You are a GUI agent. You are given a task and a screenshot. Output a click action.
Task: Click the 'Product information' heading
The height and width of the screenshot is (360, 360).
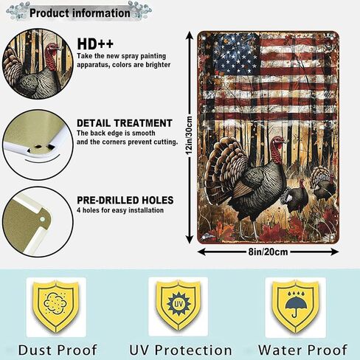pyautogui.click(x=80, y=13)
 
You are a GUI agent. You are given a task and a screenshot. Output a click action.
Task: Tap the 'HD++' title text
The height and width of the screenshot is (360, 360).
pyautogui.click(x=95, y=44)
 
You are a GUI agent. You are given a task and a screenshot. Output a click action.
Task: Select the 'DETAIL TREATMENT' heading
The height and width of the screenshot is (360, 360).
pyautogui.click(x=125, y=123)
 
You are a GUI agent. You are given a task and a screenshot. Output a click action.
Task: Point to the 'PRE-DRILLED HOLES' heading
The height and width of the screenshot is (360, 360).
pyautogui.click(x=125, y=201)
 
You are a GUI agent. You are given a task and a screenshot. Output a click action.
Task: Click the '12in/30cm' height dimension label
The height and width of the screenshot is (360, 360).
pyautogui.click(x=189, y=135)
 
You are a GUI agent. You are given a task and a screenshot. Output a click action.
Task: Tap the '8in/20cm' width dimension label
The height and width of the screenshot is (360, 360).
pyautogui.click(x=268, y=252)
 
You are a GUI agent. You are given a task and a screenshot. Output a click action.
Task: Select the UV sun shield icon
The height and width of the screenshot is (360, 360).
pyautogui.click(x=179, y=305)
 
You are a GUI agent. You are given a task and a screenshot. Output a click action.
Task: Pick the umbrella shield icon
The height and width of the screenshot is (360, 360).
pyautogui.click(x=296, y=306)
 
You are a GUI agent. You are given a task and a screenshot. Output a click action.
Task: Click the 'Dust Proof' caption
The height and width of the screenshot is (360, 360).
pyautogui.click(x=58, y=350)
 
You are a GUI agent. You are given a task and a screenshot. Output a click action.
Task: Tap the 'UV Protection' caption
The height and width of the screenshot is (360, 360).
pyautogui.click(x=181, y=350)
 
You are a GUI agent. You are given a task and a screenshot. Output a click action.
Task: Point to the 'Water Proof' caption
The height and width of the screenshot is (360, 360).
pyautogui.click(x=302, y=350)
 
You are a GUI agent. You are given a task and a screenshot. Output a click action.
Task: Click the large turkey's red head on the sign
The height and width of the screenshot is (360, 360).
pyautogui.click(x=278, y=148)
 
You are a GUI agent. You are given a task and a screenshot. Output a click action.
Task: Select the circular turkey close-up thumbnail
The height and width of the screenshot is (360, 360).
pyautogui.click(x=38, y=63)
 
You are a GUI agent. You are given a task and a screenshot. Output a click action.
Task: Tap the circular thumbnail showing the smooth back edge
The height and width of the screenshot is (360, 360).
pyautogui.click(x=38, y=145)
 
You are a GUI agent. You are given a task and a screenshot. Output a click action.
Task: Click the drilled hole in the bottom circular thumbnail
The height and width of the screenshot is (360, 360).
pyautogui.click(x=43, y=219)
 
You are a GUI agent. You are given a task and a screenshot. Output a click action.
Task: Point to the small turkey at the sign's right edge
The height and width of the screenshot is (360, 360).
pyautogui.click(x=322, y=183)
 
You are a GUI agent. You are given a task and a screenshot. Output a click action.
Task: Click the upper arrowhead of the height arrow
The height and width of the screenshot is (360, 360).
pyautogui.click(x=189, y=35)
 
